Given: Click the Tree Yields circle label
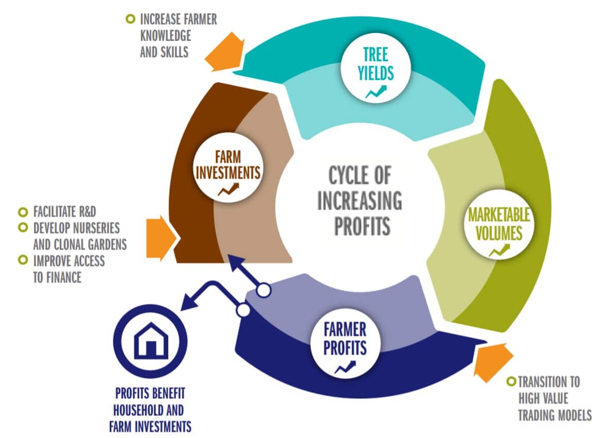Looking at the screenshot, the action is [375, 64].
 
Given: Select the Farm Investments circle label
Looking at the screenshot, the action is [228, 165].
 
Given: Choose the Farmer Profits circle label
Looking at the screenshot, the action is [345, 339].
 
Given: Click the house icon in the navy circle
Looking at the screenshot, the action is [151, 341].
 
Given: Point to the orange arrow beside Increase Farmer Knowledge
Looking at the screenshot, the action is [225, 52].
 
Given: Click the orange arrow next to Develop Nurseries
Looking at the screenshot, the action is [161, 239].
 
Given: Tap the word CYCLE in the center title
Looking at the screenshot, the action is [360, 175].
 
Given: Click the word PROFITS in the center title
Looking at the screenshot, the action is [362, 226].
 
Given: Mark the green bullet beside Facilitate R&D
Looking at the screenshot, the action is [23, 212].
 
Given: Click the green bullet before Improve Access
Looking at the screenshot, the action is [23, 260].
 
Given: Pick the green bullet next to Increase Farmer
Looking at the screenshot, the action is [131, 19].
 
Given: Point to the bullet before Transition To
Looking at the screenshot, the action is [511, 381].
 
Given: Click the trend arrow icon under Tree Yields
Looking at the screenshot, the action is [376, 92].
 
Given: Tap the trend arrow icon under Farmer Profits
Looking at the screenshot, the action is [345, 368].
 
